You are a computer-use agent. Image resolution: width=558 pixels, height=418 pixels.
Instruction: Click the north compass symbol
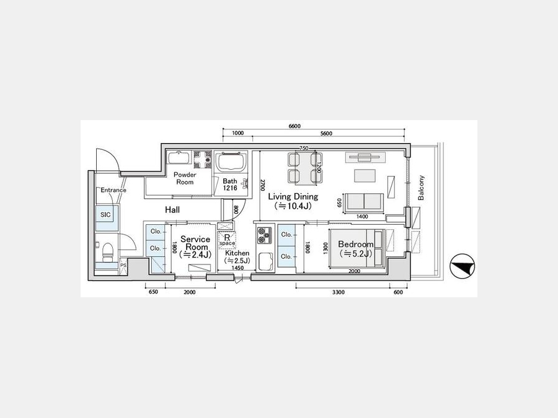463,266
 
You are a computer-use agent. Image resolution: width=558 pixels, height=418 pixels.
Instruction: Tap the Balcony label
421,188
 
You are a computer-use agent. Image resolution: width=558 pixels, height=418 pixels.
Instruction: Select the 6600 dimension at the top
294,126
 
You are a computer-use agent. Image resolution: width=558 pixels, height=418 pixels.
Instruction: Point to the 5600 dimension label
326,133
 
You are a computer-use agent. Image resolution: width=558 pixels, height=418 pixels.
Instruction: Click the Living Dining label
293,196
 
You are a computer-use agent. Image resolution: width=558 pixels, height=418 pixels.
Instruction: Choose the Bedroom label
355,244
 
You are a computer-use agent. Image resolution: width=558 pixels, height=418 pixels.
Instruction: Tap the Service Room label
195,243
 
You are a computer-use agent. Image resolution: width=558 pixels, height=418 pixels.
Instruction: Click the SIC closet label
105,215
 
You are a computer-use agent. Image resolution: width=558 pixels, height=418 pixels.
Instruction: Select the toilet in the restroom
107,251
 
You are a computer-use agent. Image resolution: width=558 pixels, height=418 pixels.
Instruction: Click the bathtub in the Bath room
232,162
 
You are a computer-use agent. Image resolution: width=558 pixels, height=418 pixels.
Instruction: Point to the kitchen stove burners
264,235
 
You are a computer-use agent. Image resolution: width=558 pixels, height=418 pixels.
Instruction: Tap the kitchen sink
265,261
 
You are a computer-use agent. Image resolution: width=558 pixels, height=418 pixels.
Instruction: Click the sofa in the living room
363,203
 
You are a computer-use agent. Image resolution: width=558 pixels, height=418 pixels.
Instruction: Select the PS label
123,265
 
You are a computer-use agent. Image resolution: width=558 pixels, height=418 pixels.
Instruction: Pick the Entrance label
113,190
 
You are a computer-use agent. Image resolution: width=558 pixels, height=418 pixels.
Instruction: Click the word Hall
172,210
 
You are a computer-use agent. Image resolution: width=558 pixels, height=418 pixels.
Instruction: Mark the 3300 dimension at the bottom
339,292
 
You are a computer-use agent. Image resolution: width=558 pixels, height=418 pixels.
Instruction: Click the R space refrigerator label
227,240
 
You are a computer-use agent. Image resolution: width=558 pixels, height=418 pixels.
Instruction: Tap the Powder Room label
185,178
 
